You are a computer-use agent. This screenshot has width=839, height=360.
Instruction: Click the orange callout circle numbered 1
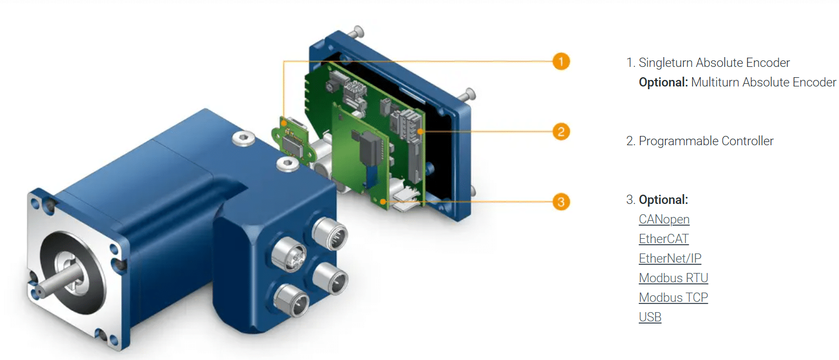coord(560,61)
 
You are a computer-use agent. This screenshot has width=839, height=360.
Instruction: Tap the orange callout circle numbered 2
coord(560,132)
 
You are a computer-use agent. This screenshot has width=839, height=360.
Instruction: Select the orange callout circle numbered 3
coord(560,202)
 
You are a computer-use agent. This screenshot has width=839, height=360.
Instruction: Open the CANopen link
coord(664,220)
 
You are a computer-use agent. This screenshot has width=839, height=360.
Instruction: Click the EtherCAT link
coord(663,239)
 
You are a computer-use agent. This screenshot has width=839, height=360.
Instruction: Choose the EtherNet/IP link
coord(670,259)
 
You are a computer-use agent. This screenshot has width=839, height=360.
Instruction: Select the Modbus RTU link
coord(673,278)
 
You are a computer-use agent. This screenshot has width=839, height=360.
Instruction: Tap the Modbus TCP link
coord(673,298)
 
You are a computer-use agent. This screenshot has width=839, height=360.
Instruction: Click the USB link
coord(650,318)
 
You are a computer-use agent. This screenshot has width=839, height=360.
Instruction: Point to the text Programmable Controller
coord(706,141)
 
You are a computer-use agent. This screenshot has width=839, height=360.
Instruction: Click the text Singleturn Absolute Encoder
coord(714,63)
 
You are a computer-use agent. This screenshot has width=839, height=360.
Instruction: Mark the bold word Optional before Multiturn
coord(663,83)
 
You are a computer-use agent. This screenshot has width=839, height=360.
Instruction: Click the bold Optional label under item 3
coord(663,200)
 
